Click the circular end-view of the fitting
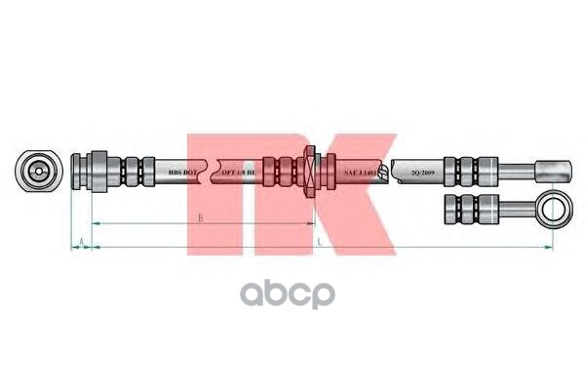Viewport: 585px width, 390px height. (37, 171)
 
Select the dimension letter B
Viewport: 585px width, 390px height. (200, 219)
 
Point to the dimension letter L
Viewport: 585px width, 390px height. (319, 240)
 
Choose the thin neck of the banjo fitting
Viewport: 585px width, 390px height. (511, 207)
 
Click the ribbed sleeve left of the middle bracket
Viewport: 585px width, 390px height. (284, 171)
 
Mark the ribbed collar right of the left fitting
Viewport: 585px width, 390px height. (129, 171)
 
